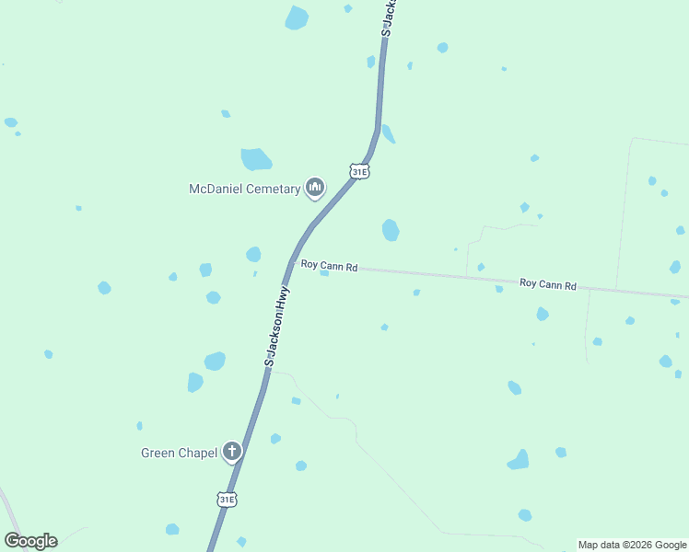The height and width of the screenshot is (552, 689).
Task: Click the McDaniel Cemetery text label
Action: click(x=244, y=189)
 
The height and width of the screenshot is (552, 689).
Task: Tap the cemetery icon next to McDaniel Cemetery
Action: click(x=315, y=188)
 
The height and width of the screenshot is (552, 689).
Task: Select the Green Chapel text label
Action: click(x=179, y=453)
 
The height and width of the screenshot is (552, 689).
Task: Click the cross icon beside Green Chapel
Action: click(x=232, y=452)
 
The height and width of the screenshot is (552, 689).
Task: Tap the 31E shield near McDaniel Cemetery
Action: click(x=359, y=171)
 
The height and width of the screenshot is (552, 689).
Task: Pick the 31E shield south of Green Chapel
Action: click(x=227, y=500)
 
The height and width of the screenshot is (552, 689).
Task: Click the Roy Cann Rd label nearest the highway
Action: click(x=329, y=266)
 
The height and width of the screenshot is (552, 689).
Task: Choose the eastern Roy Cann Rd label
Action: click(x=547, y=284)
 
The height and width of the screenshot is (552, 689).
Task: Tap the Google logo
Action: click(x=30, y=541)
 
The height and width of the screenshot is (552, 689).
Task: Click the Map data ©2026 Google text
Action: click(x=632, y=545)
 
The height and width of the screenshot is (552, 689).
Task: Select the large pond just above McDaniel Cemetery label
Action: click(x=256, y=159)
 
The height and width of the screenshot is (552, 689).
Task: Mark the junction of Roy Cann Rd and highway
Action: click(x=293, y=261)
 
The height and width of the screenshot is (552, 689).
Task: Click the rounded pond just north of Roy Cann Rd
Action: click(x=391, y=229)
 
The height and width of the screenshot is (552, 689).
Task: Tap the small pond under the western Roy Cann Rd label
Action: click(x=324, y=273)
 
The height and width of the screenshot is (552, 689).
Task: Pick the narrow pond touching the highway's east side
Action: click(x=388, y=134)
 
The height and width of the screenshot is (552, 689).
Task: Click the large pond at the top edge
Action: click(x=297, y=17)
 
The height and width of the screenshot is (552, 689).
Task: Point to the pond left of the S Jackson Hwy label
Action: click(x=215, y=361)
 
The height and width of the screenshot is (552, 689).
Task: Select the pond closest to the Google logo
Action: click(x=172, y=529)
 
